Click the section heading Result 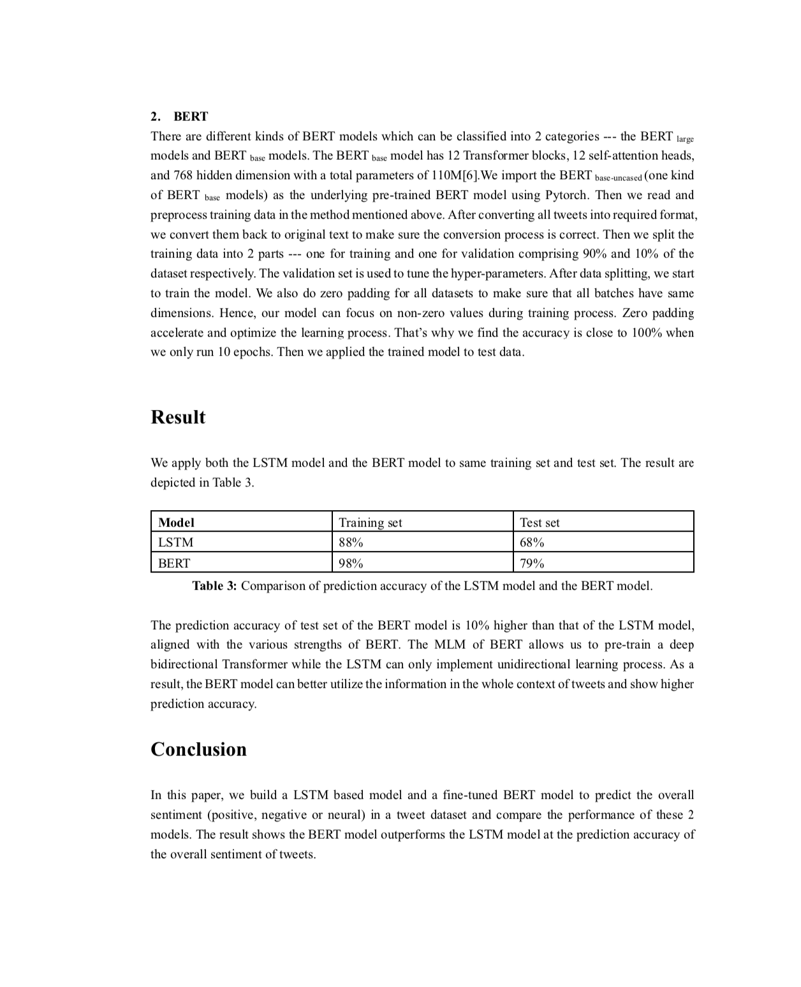(178, 417)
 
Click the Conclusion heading (198, 749)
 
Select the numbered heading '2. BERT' (179, 116)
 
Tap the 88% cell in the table (351, 543)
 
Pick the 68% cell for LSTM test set (532, 543)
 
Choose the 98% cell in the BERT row (351, 564)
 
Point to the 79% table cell (532, 564)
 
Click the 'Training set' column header (371, 523)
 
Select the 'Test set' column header (540, 523)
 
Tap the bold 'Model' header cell (176, 523)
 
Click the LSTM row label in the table (175, 543)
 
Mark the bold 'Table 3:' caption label (214, 586)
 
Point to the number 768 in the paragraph (183, 175)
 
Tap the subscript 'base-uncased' (618, 178)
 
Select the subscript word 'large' (685, 139)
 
